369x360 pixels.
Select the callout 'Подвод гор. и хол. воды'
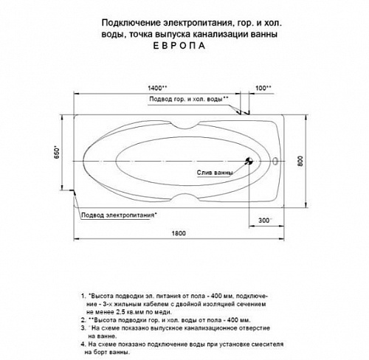point(189,98)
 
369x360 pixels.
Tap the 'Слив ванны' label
point(215,173)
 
